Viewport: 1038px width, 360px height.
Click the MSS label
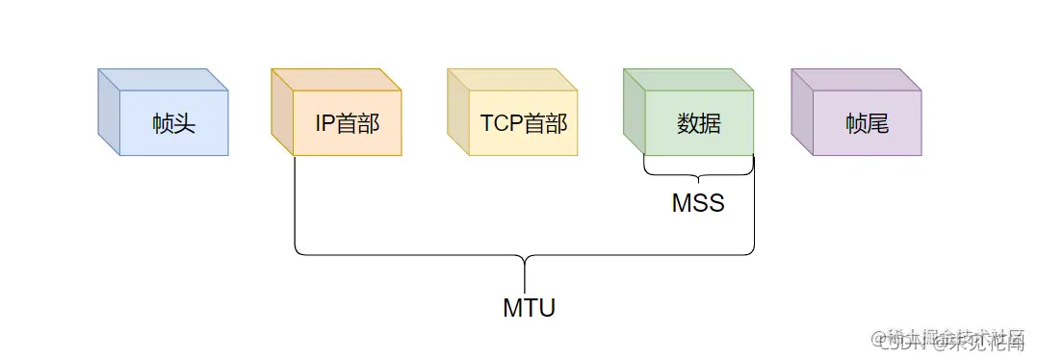point(698,204)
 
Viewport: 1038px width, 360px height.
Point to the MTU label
point(529,308)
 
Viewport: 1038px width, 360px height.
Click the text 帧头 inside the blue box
point(173,123)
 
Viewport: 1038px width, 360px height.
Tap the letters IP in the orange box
point(324,123)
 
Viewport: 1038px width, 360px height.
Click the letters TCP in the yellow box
point(502,123)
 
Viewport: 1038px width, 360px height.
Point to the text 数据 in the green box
point(699,123)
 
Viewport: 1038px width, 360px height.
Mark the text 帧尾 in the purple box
point(867,123)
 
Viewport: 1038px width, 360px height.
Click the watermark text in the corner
point(953,339)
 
